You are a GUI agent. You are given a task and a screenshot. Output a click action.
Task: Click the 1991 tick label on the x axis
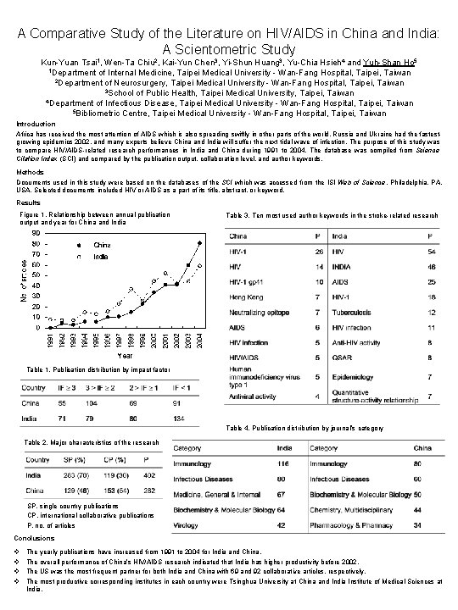point(50,341)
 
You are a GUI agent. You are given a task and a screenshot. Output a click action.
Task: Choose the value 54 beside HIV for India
point(432,253)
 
